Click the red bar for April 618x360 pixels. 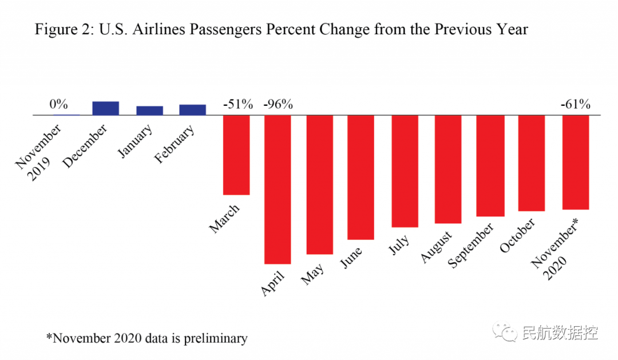[278, 189]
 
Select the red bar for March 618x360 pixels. [236, 155]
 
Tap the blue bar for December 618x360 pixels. [106, 108]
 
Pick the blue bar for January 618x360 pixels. [149, 110]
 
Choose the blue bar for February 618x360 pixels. [192, 110]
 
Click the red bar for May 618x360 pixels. [319, 184]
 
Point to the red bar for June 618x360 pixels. [361, 177]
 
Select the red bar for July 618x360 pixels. [405, 171]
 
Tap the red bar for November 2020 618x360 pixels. [576, 162]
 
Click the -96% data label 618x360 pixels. [278, 104]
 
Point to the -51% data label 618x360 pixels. [237, 104]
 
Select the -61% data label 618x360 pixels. [575, 104]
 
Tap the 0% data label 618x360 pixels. [58, 104]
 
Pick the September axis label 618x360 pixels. [471, 245]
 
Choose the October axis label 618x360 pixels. [517, 235]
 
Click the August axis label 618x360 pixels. [437, 247]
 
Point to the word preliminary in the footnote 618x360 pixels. [215, 338]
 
